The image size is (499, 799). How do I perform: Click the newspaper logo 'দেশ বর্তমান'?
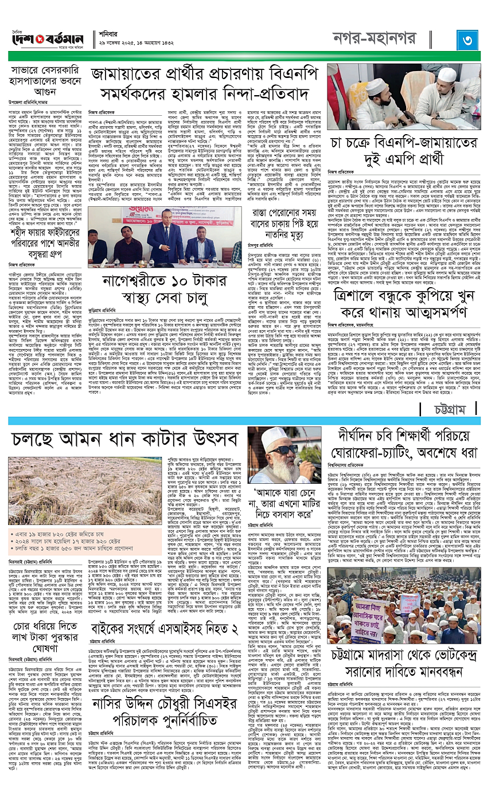49,41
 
